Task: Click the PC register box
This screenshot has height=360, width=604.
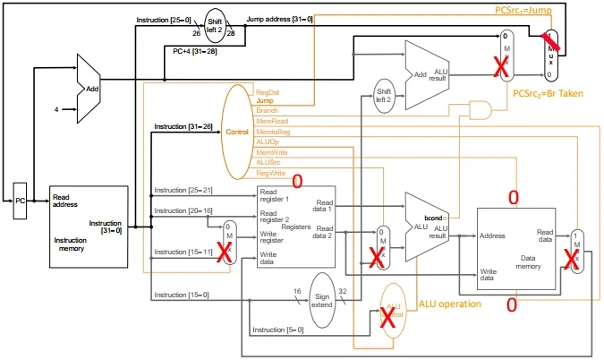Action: coord(21,201)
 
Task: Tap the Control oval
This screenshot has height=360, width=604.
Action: coord(237,132)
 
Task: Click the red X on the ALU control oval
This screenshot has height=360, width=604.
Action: coord(389,320)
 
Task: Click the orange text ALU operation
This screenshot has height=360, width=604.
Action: coord(450,304)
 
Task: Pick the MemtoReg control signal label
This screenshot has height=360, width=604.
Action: coord(272,132)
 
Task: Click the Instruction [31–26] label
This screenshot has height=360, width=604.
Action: coord(183,127)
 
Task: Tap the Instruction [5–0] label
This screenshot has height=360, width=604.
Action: coord(277,330)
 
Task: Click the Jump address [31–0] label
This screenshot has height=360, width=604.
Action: coord(279,19)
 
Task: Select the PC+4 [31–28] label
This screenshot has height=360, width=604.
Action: coord(194,51)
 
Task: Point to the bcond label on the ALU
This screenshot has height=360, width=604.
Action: coord(435,216)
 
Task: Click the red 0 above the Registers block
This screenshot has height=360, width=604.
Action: coord(297,180)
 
